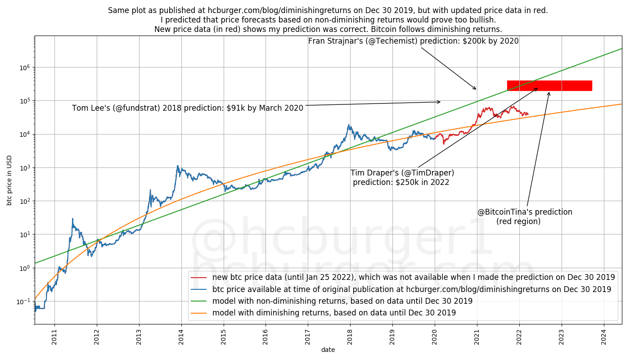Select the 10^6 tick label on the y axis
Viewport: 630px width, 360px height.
click(25, 67)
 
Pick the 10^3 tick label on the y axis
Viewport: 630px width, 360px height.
click(25, 168)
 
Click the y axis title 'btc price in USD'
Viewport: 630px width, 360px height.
click(9, 180)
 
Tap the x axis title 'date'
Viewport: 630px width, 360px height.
click(328, 350)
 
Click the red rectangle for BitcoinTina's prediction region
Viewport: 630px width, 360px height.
click(549, 85)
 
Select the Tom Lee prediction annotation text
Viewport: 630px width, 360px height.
click(188, 108)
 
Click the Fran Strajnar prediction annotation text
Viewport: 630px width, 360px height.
click(413, 41)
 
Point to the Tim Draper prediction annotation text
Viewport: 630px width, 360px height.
click(402, 177)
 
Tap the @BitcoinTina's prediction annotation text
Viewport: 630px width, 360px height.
click(525, 216)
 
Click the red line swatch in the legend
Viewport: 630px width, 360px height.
click(198, 278)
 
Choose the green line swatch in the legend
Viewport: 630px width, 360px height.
click(198, 301)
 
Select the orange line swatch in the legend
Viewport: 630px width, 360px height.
click(198, 313)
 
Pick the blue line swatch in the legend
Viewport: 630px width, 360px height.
click(198, 289)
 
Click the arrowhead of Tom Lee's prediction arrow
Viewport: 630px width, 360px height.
click(440, 102)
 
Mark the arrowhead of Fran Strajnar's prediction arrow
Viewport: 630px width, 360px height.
click(476, 89)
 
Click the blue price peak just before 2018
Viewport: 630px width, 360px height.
click(348, 125)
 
